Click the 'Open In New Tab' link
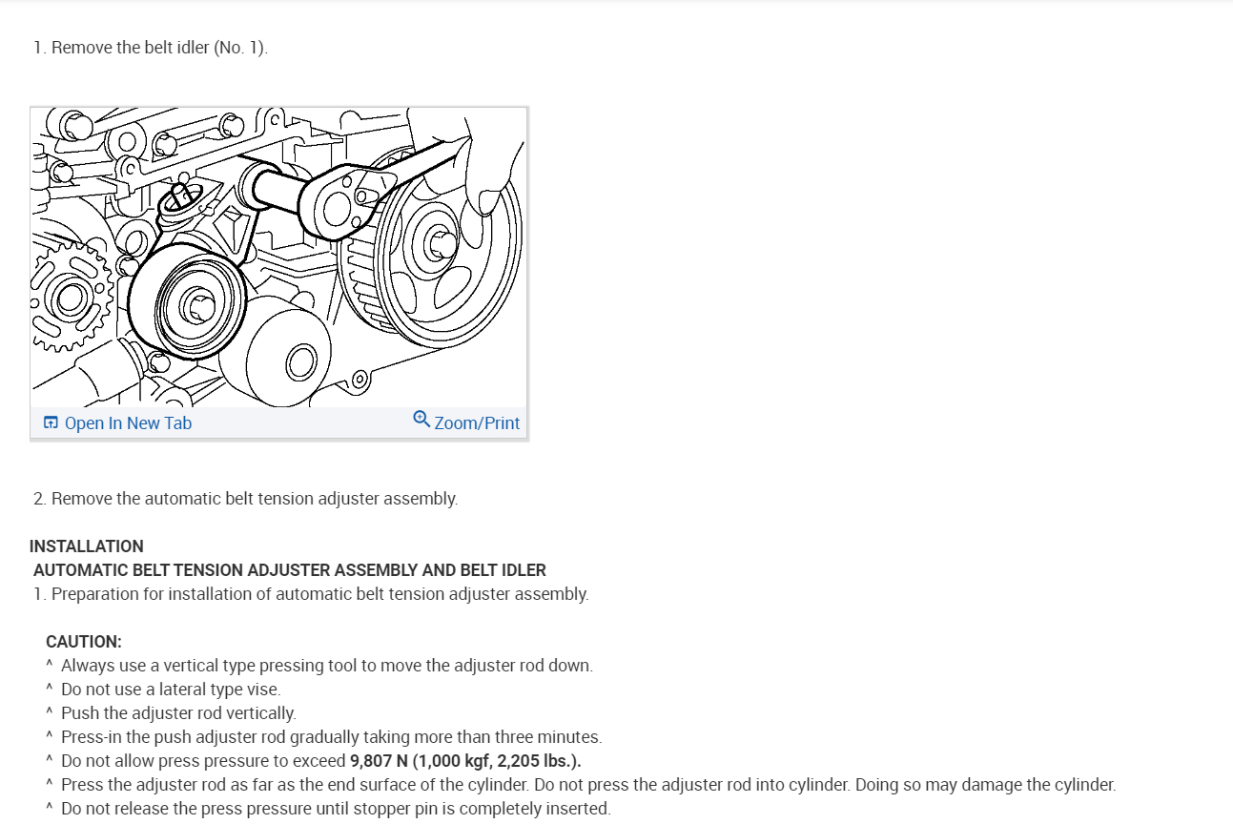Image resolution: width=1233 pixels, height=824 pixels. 128,423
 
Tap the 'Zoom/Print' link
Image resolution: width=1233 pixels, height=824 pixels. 477,423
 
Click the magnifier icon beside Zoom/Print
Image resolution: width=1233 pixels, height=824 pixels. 421,420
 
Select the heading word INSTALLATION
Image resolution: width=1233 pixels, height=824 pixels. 87,546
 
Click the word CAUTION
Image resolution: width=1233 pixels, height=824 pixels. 83,642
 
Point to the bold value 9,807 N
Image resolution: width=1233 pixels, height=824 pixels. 379,761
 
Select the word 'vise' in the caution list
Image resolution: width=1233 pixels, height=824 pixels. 263,690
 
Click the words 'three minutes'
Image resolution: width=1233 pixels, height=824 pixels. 556,737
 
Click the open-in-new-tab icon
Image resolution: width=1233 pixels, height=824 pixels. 51,423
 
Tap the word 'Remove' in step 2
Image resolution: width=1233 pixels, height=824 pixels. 82,499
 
